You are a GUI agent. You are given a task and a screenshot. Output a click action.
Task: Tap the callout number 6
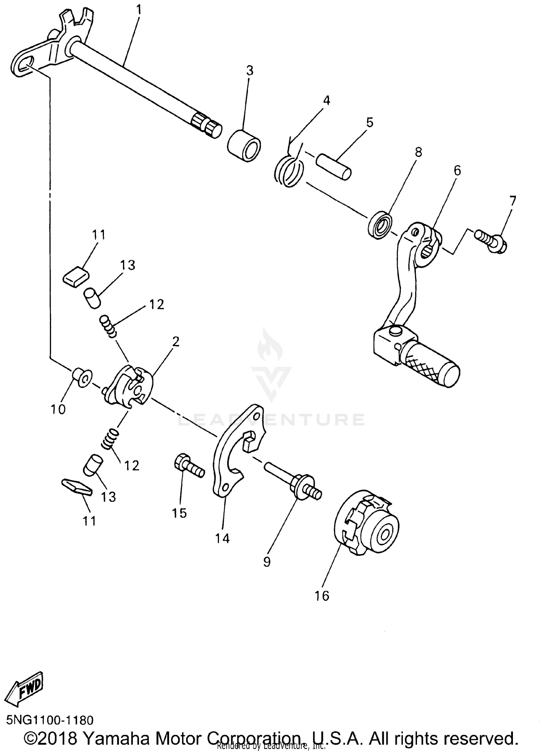pos(457,171)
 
